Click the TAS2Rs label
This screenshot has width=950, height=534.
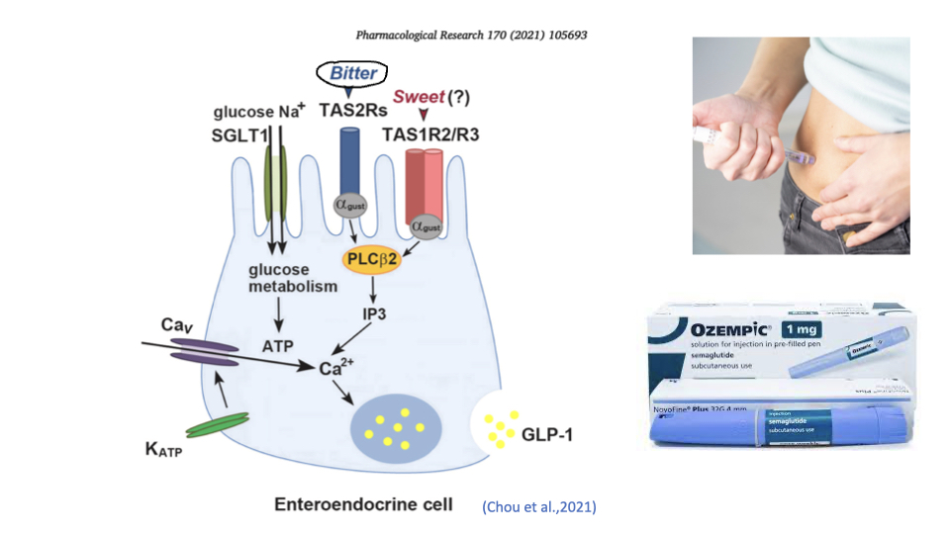click(x=352, y=111)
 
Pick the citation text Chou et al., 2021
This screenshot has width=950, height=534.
click(x=539, y=506)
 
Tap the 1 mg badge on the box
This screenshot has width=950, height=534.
click(x=807, y=328)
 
